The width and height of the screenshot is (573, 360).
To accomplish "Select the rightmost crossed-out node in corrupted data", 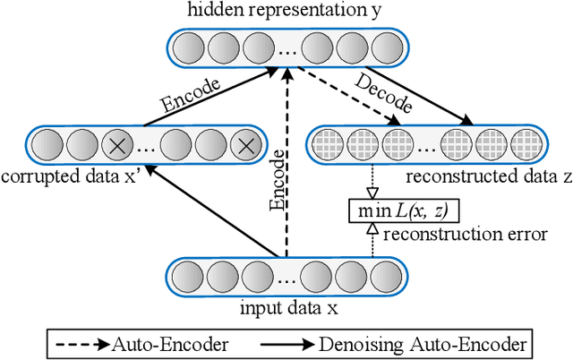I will pos(243,143).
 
